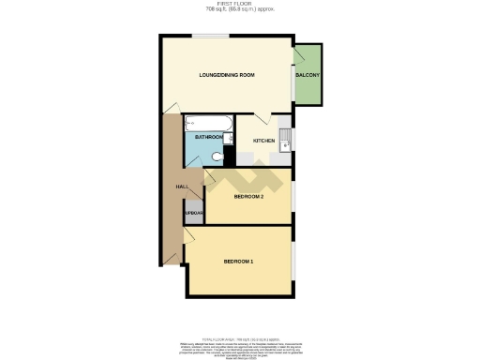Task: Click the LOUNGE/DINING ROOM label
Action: pyautogui.click(x=227, y=75)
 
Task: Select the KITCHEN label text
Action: pyautogui.click(x=263, y=141)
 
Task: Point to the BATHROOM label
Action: pyautogui.click(x=207, y=137)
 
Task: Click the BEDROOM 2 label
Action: pyautogui.click(x=248, y=197)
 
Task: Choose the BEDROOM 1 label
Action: pyautogui.click(x=238, y=261)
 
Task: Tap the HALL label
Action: pyautogui.click(x=183, y=187)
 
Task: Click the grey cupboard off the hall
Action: pyautogui.click(x=194, y=215)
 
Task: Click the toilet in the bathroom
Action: pyautogui.click(x=217, y=157)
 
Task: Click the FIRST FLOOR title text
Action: pyautogui.click(x=240, y=5)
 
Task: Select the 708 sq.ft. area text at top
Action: pyautogui.click(x=240, y=10)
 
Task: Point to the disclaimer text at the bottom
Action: pyautogui.click(x=240, y=346)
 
